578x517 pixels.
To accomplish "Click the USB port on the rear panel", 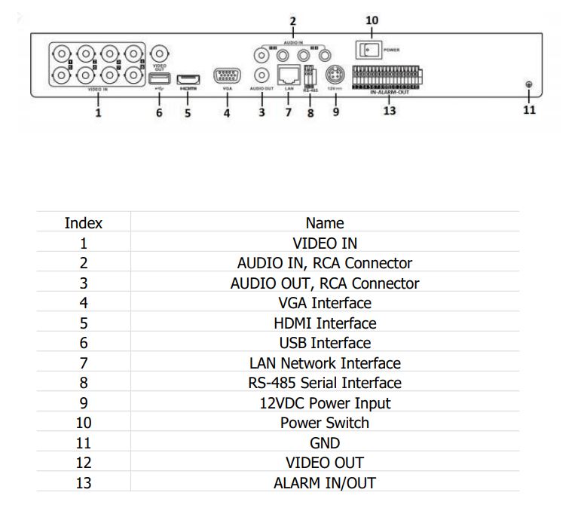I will point(158,78).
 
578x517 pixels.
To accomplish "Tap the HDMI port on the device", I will point(188,78).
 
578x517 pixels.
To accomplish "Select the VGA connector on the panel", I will point(227,77).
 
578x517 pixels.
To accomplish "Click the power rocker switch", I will point(368,50).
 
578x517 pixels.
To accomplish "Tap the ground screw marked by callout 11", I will point(529,85).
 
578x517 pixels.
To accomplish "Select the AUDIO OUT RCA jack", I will point(261,75).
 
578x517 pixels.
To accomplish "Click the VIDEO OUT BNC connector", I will point(159,54).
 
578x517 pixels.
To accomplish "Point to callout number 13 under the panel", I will point(389,111).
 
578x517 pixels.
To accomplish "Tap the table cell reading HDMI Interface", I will point(325,323).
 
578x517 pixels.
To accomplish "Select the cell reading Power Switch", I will point(325,423).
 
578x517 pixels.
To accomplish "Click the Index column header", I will point(84,223).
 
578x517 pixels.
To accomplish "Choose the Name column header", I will point(325,223).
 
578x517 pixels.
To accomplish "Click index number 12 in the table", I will point(84,463).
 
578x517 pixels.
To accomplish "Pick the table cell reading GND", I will point(325,443).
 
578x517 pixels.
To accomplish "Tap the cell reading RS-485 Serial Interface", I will point(325,383).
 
